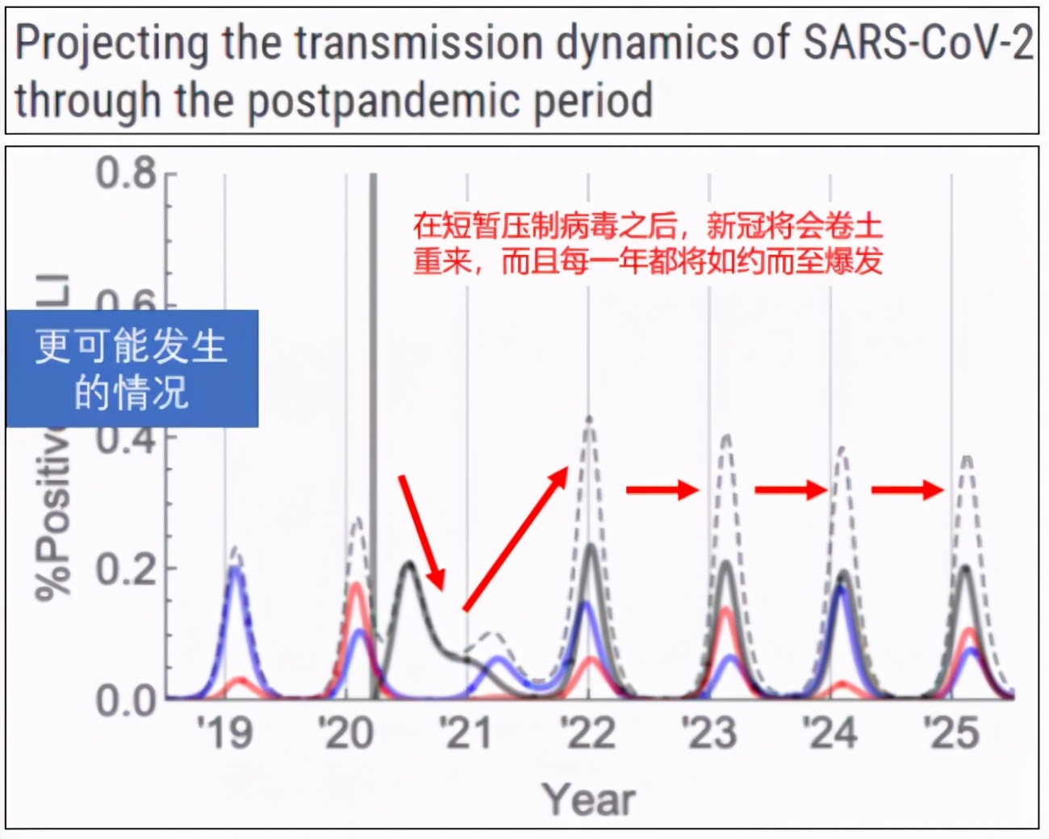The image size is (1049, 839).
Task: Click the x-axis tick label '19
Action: pyautogui.click(x=225, y=733)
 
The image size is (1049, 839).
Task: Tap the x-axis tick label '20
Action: pyautogui.click(x=346, y=733)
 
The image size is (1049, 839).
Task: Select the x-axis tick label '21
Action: pyautogui.click(x=466, y=733)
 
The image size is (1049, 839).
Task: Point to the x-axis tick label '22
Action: pyautogui.click(x=588, y=733)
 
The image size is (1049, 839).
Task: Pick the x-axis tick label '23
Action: pyautogui.click(x=709, y=733)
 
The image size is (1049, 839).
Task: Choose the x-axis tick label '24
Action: pyautogui.click(x=830, y=733)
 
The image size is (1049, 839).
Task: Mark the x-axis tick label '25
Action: pyautogui.click(x=952, y=733)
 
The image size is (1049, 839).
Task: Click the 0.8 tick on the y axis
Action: pyautogui.click(x=127, y=173)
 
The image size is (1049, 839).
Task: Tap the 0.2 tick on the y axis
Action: pyautogui.click(x=127, y=569)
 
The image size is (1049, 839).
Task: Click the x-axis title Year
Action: pyautogui.click(x=589, y=799)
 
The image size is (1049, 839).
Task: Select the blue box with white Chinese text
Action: pyautogui.click(x=132, y=369)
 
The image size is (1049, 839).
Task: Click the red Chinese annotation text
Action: pyautogui.click(x=648, y=243)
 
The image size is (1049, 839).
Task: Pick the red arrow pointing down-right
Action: pyautogui.click(x=422, y=533)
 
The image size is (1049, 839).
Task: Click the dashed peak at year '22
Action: pyautogui.click(x=589, y=419)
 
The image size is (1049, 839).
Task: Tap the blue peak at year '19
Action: pyautogui.click(x=235, y=570)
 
